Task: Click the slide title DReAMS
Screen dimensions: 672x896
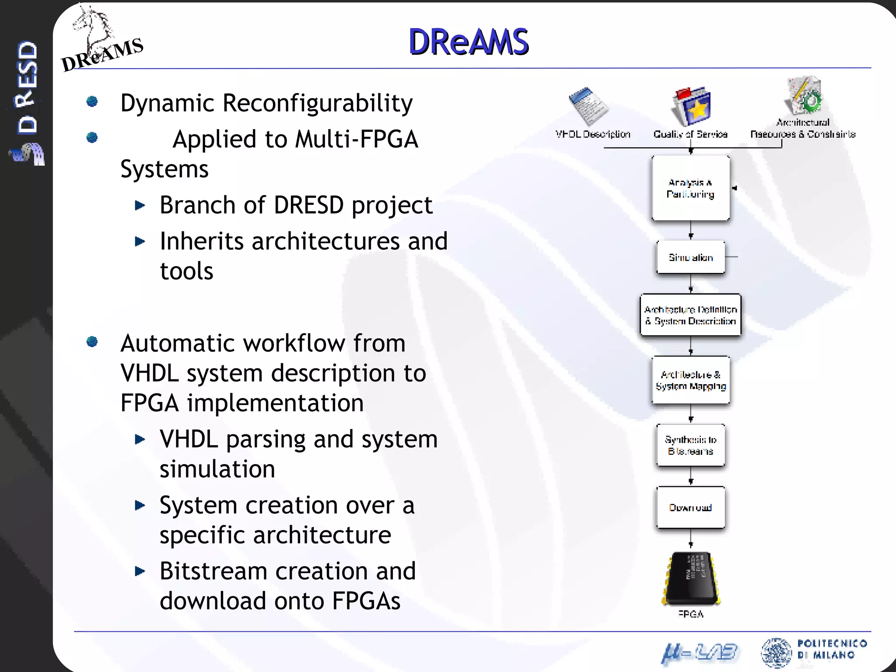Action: (468, 42)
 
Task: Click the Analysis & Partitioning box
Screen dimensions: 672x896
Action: (690, 188)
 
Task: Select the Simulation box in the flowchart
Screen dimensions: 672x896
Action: (690, 257)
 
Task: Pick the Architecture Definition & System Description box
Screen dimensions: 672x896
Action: (690, 315)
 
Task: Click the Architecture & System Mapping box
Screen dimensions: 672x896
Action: (690, 380)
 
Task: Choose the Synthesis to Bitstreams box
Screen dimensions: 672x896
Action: (690, 445)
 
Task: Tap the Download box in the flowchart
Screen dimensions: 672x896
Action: (690, 507)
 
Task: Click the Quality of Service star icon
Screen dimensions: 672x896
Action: (692, 106)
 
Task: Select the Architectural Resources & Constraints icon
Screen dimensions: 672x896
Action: (804, 95)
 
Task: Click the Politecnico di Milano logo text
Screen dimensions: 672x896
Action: (831, 649)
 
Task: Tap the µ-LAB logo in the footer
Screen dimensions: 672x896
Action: (699, 653)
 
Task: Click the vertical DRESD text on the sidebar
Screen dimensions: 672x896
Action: (27, 87)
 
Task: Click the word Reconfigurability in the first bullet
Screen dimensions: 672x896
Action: (317, 103)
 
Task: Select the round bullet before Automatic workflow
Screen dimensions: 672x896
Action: (92, 341)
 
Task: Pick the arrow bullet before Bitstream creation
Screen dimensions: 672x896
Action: (140, 571)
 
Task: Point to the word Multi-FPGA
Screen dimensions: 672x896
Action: (357, 140)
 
